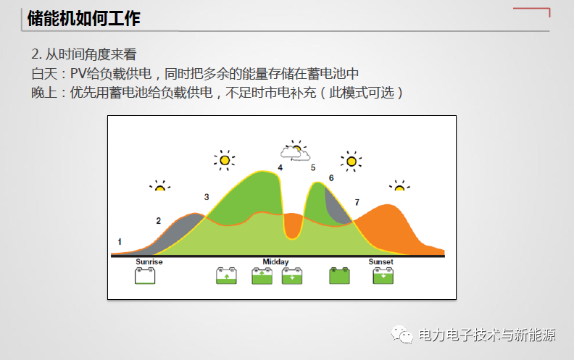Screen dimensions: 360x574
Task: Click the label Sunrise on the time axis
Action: click(x=149, y=261)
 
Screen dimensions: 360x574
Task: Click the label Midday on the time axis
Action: click(x=275, y=261)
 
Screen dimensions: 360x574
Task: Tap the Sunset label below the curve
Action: click(x=381, y=261)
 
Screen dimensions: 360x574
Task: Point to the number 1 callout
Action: click(x=120, y=241)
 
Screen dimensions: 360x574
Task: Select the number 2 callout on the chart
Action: click(x=159, y=220)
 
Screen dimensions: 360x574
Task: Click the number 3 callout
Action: click(x=207, y=197)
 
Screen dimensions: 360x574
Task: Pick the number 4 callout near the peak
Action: click(x=280, y=168)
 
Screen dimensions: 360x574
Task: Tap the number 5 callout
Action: click(x=313, y=168)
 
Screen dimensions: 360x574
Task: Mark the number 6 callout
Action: click(x=331, y=177)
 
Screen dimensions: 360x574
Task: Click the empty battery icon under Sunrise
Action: click(x=146, y=276)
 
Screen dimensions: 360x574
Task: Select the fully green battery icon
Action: click(x=339, y=276)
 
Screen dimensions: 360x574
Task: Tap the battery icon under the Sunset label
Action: click(x=383, y=276)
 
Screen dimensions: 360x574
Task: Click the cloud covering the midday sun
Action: click(x=296, y=154)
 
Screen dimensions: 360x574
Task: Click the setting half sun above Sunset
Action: click(x=399, y=186)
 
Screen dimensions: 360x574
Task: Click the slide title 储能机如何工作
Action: click(x=83, y=19)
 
